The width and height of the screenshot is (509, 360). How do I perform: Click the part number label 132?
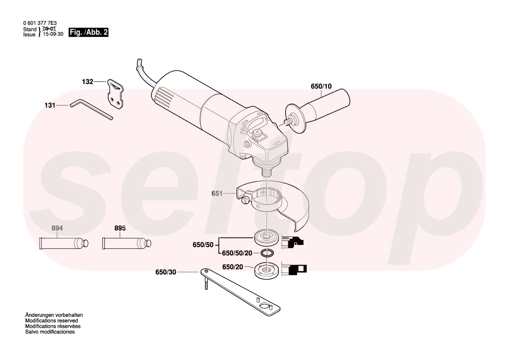(88, 82)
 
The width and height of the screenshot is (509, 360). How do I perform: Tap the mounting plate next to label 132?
(115, 94)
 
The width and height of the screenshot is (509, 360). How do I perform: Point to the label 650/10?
(321, 86)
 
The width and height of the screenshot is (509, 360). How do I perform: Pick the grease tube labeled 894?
(64, 243)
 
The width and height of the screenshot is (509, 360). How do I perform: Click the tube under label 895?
(127, 243)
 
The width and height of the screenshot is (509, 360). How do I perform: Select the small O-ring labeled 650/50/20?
(267, 253)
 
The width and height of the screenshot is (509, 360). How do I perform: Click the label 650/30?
(166, 272)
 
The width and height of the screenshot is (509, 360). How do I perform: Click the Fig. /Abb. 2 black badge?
(89, 32)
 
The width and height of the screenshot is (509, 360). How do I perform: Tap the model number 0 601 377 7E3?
(39, 24)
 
